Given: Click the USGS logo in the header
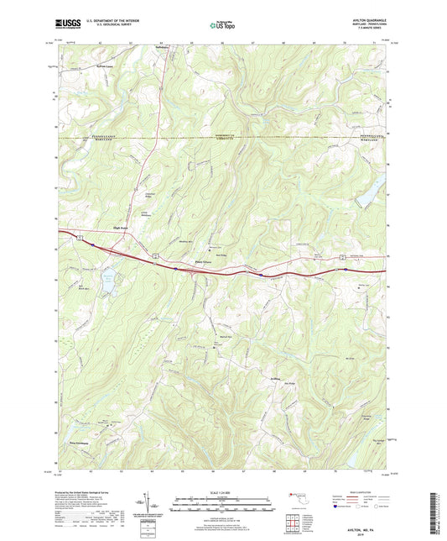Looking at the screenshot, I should click(67, 24).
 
